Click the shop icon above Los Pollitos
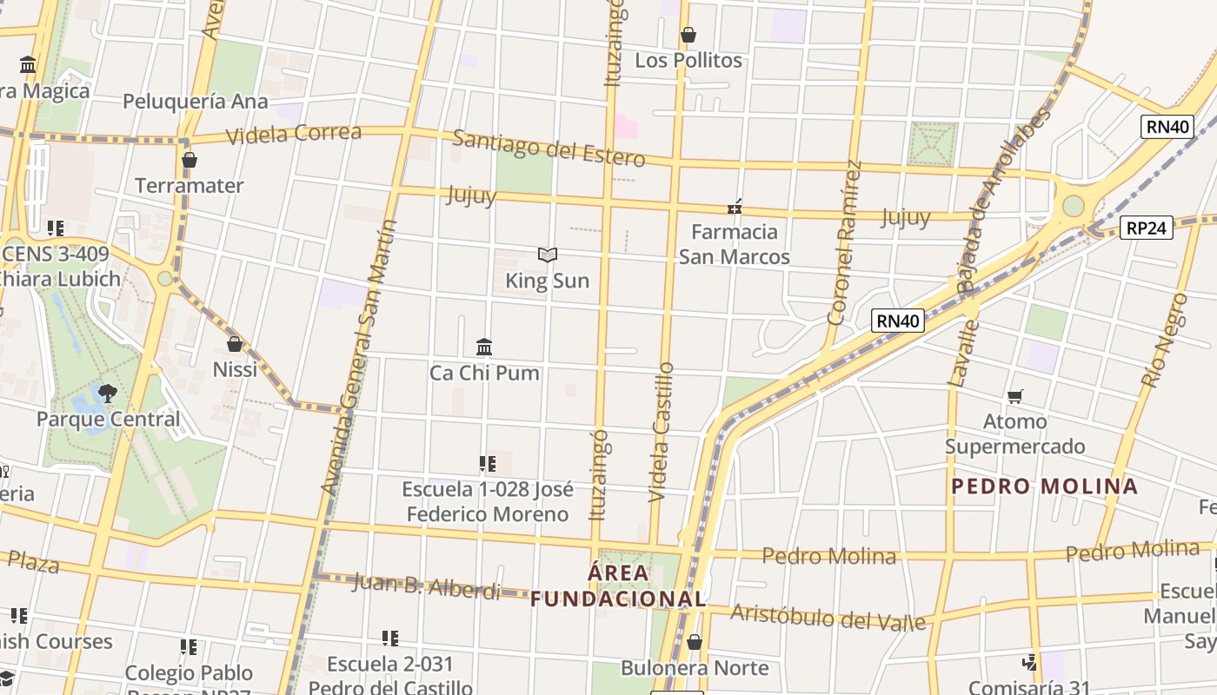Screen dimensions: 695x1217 (x=688, y=36)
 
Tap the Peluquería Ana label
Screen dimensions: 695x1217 (x=196, y=101)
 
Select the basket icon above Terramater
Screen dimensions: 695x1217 (x=190, y=161)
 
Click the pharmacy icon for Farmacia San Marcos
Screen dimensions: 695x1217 (x=735, y=207)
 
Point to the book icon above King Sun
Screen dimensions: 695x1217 (x=547, y=255)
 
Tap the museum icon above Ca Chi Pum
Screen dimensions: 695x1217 (x=484, y=347)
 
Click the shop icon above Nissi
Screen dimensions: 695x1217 (x=234, y=344)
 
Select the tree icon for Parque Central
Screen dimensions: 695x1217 (x=108, y=394)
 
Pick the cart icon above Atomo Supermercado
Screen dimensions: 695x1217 (x=1014, y=397)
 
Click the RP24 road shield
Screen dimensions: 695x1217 (x=1146, y=228)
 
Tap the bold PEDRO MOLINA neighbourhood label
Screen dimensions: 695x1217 (x=1044, y=486)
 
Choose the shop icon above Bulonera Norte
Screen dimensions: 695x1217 (x=694, y=643)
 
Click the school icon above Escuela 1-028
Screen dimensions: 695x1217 (x=488, y=464)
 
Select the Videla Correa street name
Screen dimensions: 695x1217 (x=294, y=134)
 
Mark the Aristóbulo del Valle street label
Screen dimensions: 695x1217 (x=828, y=618)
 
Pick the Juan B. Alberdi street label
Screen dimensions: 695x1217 (x=426, y=586)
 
